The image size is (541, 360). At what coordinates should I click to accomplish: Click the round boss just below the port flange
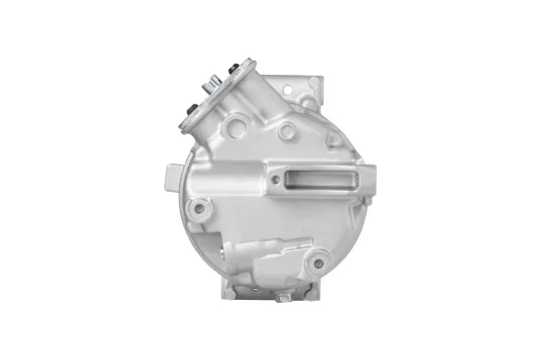[x=235, y=127]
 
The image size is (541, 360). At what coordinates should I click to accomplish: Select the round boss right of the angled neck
[x=285, y=131]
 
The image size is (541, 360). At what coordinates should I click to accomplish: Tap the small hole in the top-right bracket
[x=312, y=83]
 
